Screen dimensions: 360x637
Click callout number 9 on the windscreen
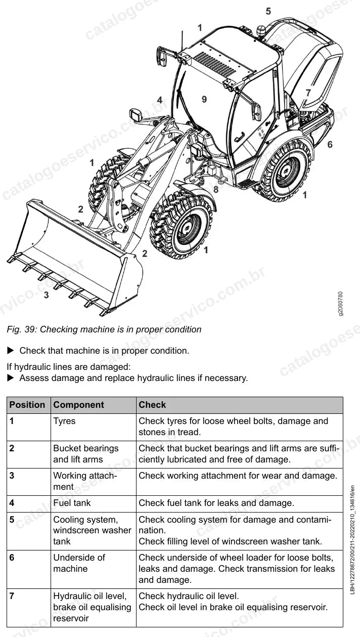(x=204, y=99)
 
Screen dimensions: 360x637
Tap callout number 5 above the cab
(x=268, y=11)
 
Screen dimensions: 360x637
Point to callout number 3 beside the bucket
(x=47, y=295)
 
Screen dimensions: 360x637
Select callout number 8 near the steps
(x=216, y=189)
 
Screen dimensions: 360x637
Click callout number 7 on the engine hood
(x=308, y=93)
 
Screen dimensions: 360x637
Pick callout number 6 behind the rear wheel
(x=330, y=145)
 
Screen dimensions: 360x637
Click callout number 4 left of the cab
(x=160, y=100)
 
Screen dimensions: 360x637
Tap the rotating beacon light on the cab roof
(x=260, y=31)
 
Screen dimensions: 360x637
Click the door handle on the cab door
(x=239, y=136)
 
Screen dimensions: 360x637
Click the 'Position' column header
(x=27, y=405)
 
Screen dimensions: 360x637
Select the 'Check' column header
(x=152, y=405)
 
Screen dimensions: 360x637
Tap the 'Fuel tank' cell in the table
(x=72, y=503)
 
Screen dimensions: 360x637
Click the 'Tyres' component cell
(x=65, y=421)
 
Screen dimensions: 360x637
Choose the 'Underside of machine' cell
(x=79, y=563)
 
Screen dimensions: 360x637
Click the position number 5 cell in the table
(x=12, y=520)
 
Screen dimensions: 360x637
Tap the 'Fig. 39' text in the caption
(x=20, y=329)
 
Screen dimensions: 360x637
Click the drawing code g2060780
(x=341, y=304)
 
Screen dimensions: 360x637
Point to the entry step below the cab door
(x=247, y=184)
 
